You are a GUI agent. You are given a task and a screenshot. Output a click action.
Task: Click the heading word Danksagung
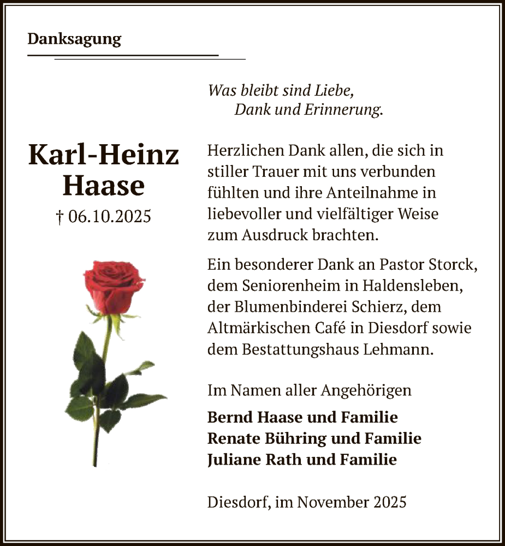(74, 39)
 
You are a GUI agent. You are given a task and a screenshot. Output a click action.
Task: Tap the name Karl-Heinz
(104, 155)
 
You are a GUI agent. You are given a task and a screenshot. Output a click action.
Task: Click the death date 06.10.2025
(110, 217)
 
